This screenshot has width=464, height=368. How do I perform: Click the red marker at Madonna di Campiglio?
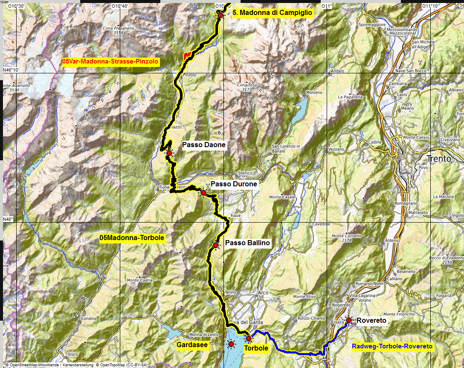coord(220,15)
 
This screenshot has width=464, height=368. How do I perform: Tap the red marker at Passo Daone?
coord(169,153)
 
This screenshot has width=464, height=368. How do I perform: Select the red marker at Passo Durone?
coord(203,193)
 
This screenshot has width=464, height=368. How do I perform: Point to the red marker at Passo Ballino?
coord(216,245)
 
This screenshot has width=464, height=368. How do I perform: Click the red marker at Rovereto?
coord(348,320)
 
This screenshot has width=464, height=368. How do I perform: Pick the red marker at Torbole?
coord(249,339)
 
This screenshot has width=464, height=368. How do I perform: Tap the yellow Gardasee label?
coord(192,344)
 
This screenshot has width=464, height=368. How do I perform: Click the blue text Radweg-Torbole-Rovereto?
coord(392,346)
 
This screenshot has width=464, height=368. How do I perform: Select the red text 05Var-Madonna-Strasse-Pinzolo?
coord(110,61)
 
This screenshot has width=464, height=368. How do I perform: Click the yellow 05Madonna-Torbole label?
coord(132,238)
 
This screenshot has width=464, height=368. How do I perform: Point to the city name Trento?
coord(439,159)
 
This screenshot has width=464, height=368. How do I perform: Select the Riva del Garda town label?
coord(246,322)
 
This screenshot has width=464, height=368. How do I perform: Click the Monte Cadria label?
coord(139,280)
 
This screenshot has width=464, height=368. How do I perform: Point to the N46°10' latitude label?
coord(12,70)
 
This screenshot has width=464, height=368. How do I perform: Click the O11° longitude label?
coord(327,6)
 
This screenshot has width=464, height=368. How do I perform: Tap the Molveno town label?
coord(314,92)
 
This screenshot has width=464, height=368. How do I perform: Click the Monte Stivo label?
coord(305,296)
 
